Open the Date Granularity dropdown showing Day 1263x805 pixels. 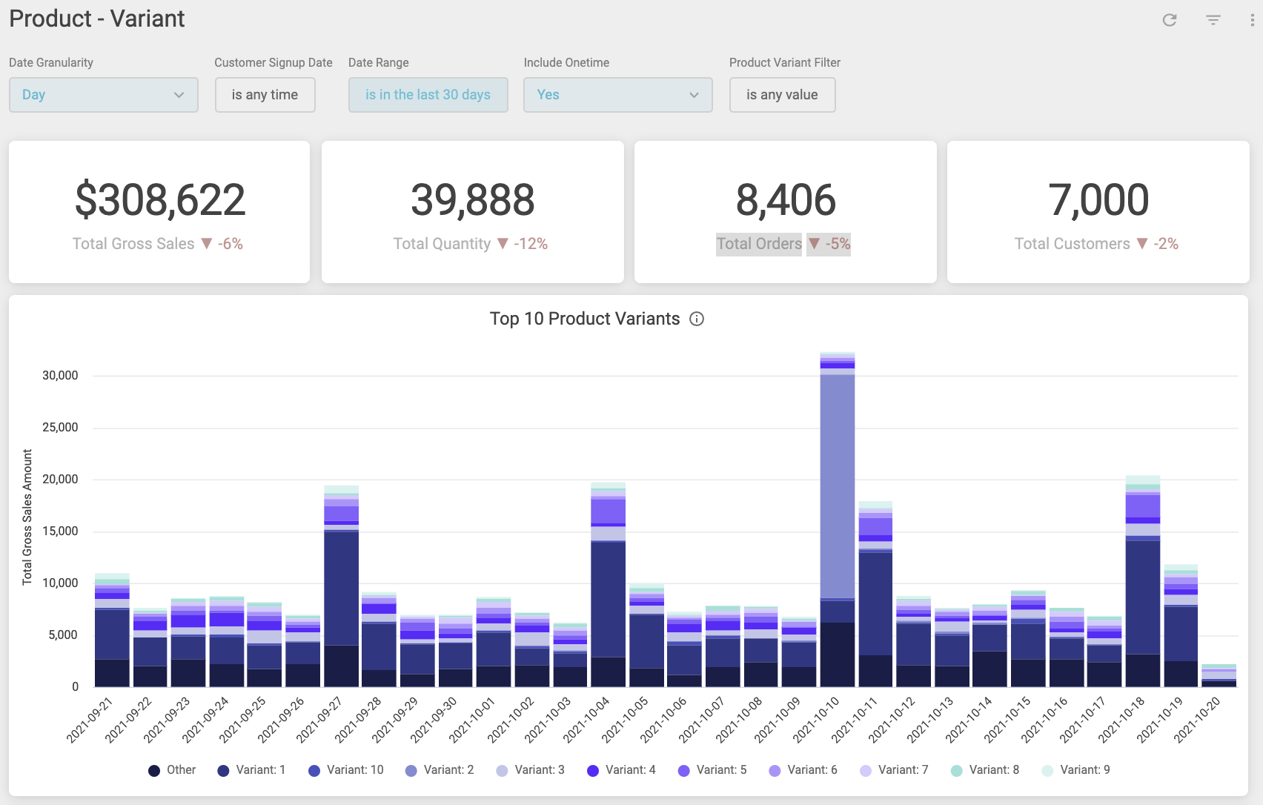103,95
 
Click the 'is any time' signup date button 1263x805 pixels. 265,95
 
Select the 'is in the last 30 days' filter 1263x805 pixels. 428,95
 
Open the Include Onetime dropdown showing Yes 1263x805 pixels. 617,95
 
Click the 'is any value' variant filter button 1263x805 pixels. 782,95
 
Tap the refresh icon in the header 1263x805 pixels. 1170,20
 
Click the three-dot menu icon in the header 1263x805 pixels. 1252,20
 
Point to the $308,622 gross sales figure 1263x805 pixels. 160,200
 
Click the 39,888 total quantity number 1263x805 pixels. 473,200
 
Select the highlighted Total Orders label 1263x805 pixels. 759,244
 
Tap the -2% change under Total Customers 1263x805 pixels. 1166,244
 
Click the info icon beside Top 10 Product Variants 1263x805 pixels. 697,319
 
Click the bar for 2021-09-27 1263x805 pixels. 341,586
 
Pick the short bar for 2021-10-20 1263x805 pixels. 1219,676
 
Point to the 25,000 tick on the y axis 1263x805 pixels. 60,428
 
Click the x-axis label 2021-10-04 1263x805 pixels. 587,719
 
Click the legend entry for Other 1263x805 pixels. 172,770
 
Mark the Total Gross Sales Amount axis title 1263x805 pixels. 27,517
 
